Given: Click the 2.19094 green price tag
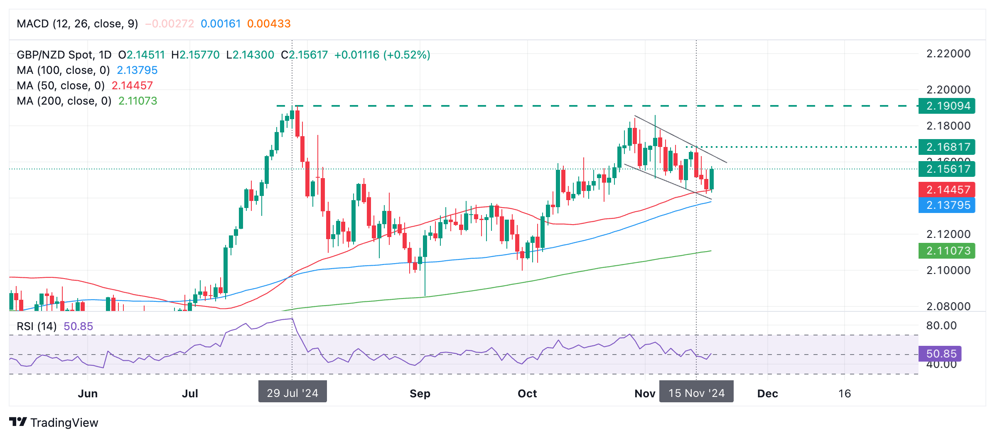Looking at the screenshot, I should point(946,106).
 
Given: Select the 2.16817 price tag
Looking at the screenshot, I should point(946,147).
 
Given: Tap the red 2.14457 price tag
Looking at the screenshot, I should point(946,190).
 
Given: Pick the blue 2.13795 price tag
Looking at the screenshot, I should point(946,205).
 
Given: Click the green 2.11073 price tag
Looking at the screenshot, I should point(946,251).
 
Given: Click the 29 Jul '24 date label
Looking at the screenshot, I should point(292,393).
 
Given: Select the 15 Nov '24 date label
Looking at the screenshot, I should point(696,393).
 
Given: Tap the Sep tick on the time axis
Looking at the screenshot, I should point(420,394).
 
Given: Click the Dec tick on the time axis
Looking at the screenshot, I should point(767,394).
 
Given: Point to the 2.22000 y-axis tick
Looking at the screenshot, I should point(948,54).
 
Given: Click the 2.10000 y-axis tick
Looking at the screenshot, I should point(948,270).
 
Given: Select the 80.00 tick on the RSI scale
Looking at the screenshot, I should point(941,325).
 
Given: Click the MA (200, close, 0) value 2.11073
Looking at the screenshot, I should point(138,101).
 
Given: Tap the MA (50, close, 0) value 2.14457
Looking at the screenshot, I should point(132,86).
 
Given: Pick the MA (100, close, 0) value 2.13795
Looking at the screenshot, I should point(137,70).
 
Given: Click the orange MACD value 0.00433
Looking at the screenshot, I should point(269,24).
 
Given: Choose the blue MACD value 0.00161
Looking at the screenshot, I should point(221,24).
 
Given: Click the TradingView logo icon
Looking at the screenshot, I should point(18,422).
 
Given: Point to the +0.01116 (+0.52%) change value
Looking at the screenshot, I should point(382,55).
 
